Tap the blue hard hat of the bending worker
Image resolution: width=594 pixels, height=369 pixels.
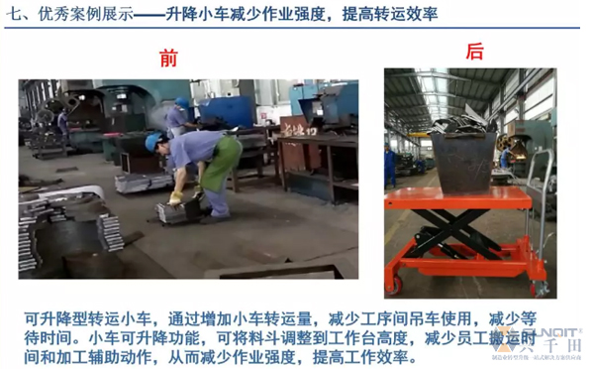pyautogui.click(x=153, y=141)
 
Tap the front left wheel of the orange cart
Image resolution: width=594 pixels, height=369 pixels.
pyautogui.click(x=394, y=285)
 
